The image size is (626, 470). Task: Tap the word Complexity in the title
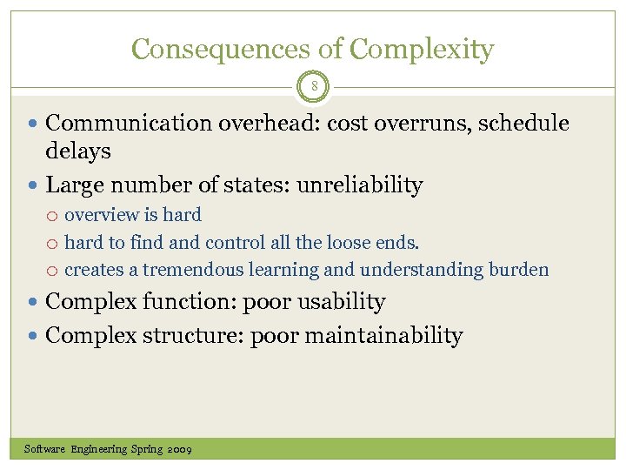pyautogui.click(x=422, y=49)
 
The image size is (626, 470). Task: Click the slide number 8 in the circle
pyautogui.click(x=314, y=87)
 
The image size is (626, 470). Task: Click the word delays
pyautogui.click(x=78, y=151)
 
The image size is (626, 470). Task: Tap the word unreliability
pyautogui.click(x=360, y=185)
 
